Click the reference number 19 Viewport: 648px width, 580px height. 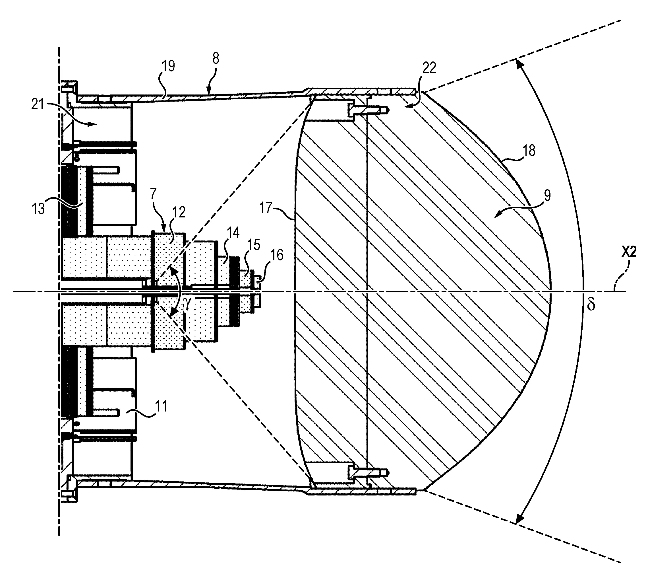[x=168, y=66]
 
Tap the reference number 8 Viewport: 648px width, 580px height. [x=216, y=59]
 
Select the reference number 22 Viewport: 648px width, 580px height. [x=429, y=68]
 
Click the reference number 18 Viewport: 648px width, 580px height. [x=529, y=151]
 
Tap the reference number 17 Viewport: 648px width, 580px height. [x=266, y=208]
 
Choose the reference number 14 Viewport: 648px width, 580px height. [x=233, y=233]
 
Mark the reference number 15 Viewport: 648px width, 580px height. [x=254, y=245]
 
